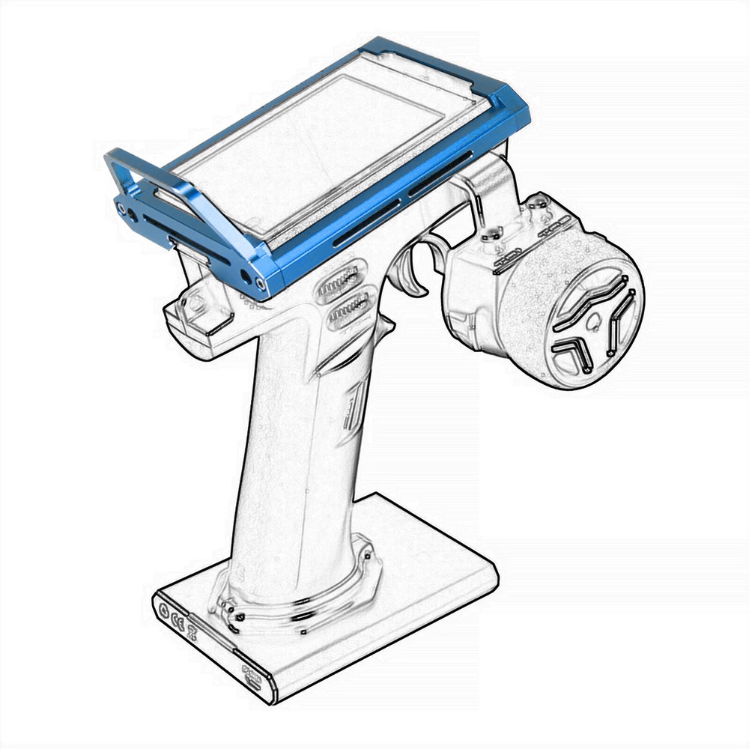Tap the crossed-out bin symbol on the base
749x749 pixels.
coord(192,631)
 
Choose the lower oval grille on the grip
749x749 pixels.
coord(349,307)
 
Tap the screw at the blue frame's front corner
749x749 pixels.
coord(260,283)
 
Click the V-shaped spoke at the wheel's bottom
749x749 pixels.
coord(573,352)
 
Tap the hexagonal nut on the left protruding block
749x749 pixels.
coord(196,303)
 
